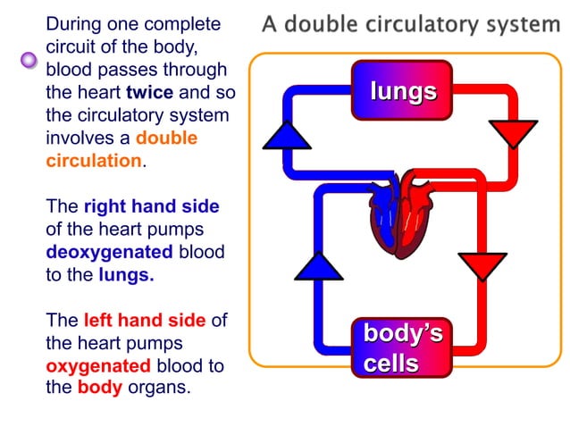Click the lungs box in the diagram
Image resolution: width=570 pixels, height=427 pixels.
point(402,90)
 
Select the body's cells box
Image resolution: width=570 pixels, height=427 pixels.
point(402,347)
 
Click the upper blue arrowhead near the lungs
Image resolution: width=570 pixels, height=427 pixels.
point(286,135)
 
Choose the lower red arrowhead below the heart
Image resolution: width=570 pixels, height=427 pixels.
point(482,265)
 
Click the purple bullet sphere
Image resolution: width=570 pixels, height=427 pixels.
point(29,61)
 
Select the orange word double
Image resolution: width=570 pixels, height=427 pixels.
point(166,138)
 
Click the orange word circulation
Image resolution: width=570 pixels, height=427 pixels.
point(93,162)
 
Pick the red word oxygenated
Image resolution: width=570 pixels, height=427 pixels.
point(98,366)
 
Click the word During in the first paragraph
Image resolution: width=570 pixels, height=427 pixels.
point(71,24)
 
